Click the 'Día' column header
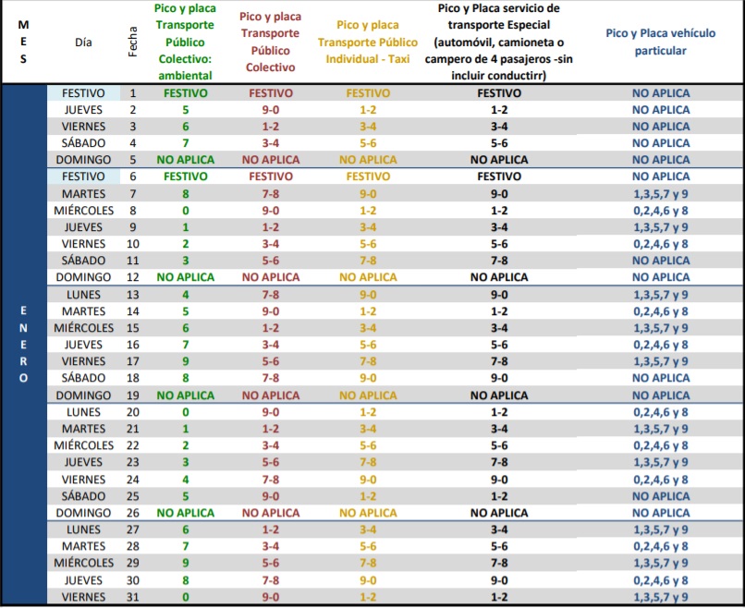coord(83,42)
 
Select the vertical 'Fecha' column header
coord(132,42)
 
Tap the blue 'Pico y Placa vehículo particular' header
coord(660,42)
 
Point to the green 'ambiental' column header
coord(185,42)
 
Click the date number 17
coord(132,360)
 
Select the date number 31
coord(132,597)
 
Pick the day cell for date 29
coord(83,563)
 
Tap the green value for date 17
coord(185,360)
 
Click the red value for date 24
coord(270,479)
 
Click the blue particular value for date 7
coord(660,193)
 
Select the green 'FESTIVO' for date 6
coord(185,176)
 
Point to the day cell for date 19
coord(83,395)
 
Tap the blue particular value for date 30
coord(660,579)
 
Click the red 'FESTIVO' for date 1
coord(270,92)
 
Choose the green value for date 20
coord(185,411)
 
